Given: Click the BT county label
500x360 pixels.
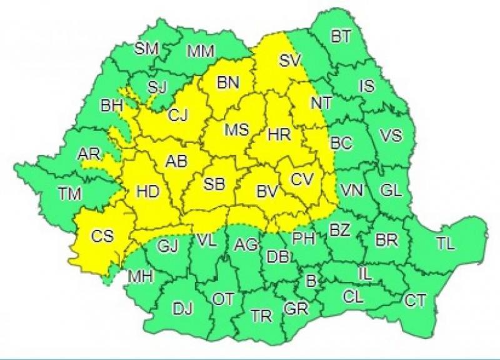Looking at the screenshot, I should (340, 37).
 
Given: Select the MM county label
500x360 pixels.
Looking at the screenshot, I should (201, 51).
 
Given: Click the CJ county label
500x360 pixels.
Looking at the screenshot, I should (177, 115).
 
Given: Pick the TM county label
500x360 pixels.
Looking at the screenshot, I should (70, 194).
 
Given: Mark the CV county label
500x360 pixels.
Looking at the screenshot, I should (302, 179).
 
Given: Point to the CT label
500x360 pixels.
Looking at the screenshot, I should (415, 301).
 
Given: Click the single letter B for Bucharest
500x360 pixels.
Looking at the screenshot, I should (310, 281).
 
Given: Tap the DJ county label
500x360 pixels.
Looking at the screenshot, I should (183, 307).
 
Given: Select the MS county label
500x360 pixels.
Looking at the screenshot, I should (237, 130).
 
